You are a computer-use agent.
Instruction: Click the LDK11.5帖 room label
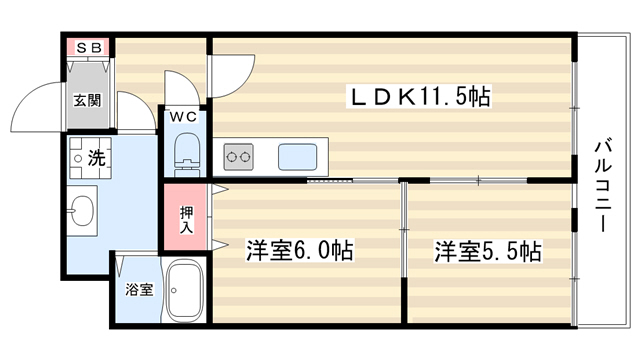pyautogui.click(x=419, y=96)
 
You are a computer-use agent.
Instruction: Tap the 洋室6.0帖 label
pyautogui.click(x=299, y=251)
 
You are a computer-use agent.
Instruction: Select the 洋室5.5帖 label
pyautogui.click(x=488, y=251)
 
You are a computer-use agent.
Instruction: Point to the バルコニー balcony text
pyautogui.click(x=603, y=186)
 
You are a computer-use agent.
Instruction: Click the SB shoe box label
pyautogui.click(x=89, y=48)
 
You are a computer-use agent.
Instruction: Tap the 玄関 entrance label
pyautogui.click(x=87, y=100)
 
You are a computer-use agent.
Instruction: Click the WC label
pyautogui.click(x=184, y=117)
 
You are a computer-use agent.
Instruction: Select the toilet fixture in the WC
pyautogui.click(x=187, y=155)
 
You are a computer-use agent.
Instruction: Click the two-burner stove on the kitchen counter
pyautogui.click(x=238, y=157)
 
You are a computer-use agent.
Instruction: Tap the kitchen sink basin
pyautogui.click(x=298, y=157)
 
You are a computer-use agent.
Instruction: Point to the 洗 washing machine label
pyautogui.click(x=97, y=157)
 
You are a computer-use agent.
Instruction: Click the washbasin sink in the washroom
pyautogui.click(x=82, y=211)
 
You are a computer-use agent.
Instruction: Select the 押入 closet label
pyautogui.click(x=187, y=220)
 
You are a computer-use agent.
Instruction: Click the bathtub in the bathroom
pyautogui.click(x=184, y=291)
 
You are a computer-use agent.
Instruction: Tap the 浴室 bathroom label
pyautogui.click(x=139, y=290)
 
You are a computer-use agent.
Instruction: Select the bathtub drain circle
pyautogui.click(x=174, y=291)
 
